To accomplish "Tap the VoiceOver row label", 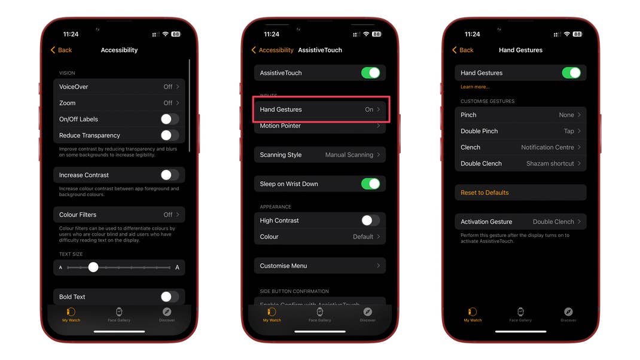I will click(74, 87).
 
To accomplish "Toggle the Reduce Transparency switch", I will click(169, 136).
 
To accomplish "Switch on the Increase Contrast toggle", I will click(169, 175).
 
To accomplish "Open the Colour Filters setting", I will click(119, 215).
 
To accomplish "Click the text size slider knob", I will click(93, 267).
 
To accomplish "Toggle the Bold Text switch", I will click(169, 297).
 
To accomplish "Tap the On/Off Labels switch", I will click(169, 120).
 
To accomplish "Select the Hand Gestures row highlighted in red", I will click(321, 109).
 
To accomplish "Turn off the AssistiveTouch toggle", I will click(370, 73).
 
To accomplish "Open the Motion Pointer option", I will click(321, 126).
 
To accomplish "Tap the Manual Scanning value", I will click(349, 155).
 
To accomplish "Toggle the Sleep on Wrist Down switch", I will click(370, 184).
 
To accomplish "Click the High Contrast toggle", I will click(370, 221).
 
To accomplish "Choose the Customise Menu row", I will click(321, 266).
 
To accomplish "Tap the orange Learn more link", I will click(475, 87).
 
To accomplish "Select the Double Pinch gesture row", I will click(520, 131).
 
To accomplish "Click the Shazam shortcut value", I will click(550, 163).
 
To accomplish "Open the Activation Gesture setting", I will click(520, 222).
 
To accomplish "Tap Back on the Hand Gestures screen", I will click(463, 50).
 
